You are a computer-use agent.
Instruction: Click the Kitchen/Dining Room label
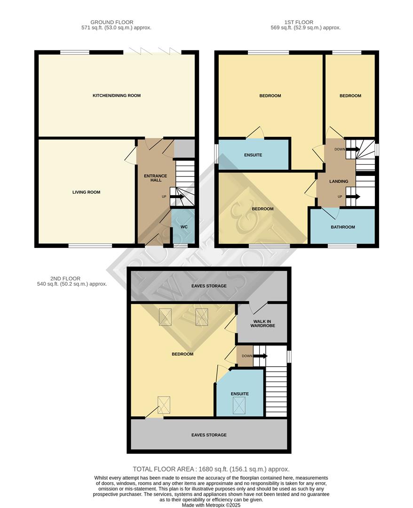(117, 95)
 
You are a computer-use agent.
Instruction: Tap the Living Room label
(86, 192)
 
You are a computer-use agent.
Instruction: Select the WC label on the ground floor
(184, 227)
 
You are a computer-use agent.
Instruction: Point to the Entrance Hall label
(155, 178)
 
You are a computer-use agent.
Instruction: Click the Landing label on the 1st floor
(339, 181)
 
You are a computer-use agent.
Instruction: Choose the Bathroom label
(343, 227)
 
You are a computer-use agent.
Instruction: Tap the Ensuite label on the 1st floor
(253, 155)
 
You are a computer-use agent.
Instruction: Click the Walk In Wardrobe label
(262, 323)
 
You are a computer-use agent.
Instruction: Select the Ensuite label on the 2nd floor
(239, 394)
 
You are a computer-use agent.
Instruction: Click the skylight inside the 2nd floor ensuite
(239, 405)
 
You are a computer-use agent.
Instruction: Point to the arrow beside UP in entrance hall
(176, 196)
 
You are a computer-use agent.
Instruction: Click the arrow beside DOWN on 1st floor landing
(353, 149)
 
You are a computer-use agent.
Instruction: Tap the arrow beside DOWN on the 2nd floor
(260, 356)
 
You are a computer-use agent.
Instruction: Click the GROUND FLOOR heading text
(112, 22)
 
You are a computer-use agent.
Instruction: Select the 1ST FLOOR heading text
(299, 22)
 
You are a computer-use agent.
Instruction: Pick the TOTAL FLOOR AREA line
(211, 469)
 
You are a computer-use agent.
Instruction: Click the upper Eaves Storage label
(209, 286)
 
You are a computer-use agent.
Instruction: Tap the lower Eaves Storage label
(209, 435)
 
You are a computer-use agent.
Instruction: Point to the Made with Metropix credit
(211, 505)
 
